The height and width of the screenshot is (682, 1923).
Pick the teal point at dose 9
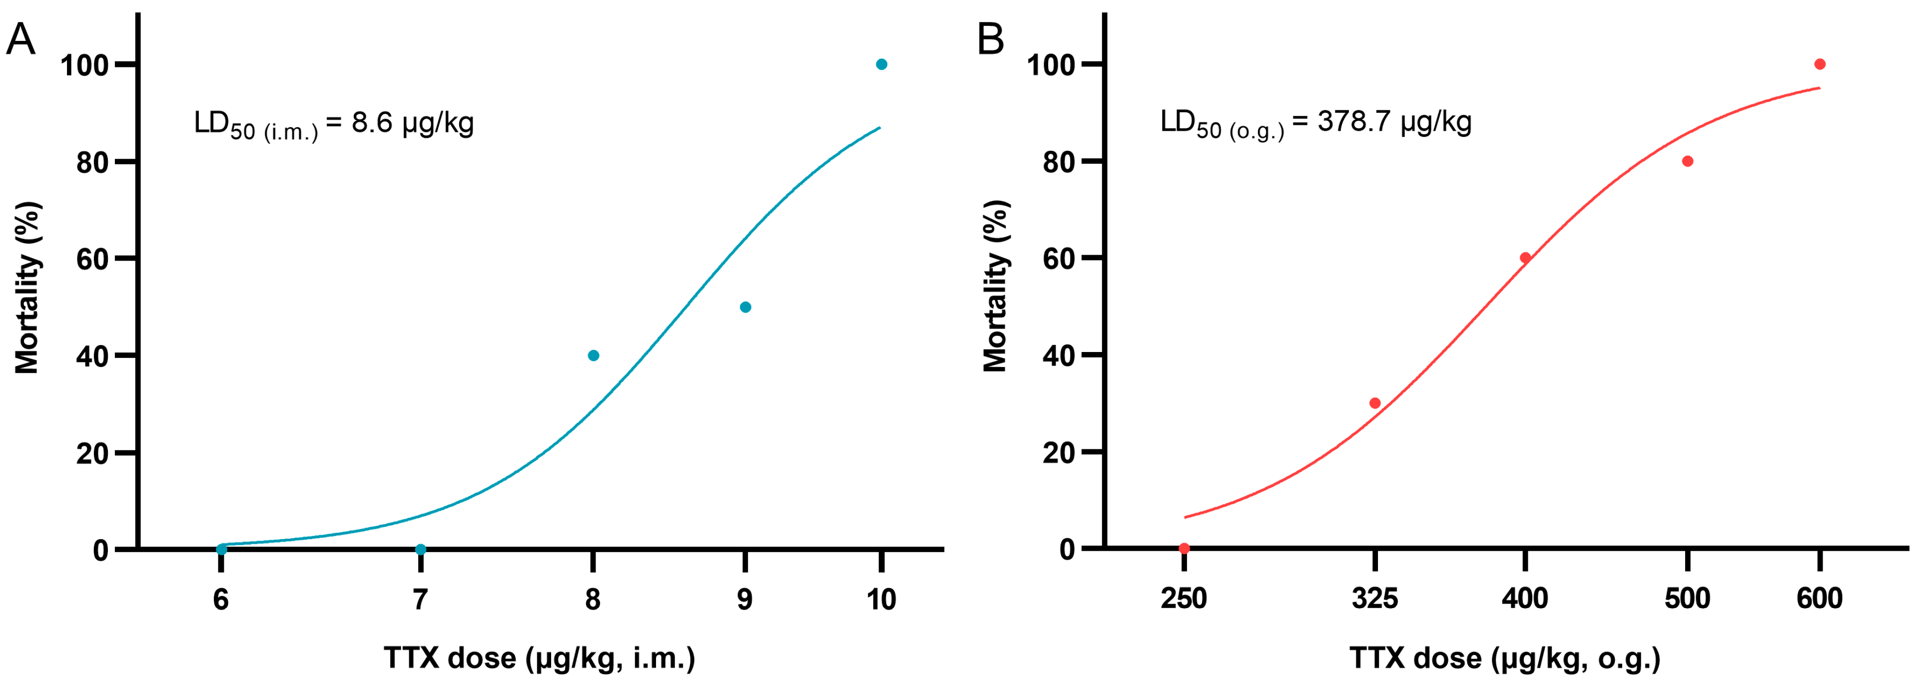[744, 307]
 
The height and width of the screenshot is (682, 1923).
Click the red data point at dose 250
[1184, 548]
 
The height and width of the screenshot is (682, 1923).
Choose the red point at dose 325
[1374, 403]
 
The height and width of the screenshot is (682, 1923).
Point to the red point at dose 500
[1687, 161]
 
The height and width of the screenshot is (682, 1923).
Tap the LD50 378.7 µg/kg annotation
[1315, 123]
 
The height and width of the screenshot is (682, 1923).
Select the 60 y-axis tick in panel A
[92, 259]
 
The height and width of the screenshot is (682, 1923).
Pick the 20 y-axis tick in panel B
[1059, 453]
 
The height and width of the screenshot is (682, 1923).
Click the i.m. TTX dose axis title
[539, 658]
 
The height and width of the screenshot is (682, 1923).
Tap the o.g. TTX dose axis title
[1504, 658]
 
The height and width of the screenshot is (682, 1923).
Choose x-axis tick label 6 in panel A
[221, 599]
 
